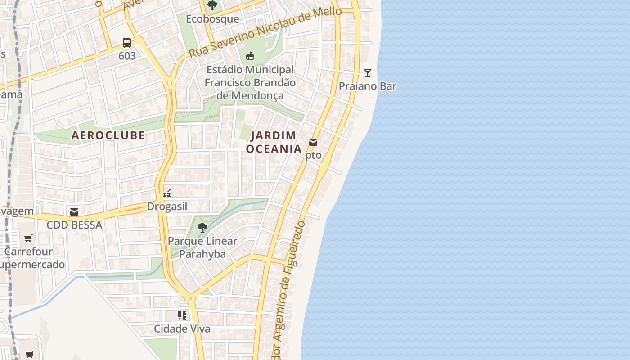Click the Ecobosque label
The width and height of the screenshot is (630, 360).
click(212, 19)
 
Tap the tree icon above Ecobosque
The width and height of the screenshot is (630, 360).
click(212, 5)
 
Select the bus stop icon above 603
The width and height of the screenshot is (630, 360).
click(127, 43)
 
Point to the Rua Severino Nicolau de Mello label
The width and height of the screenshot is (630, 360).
click(265, 31)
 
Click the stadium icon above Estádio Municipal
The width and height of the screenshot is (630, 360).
click(250, 56)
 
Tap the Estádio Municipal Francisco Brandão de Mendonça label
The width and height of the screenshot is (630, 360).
click(250, 83)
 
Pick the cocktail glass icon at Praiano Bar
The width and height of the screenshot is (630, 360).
click(368, 72)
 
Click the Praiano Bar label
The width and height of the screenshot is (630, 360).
click(367, 86)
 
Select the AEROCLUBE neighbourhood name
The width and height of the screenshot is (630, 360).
click(108, 135)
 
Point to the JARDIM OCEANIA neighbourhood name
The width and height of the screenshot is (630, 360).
click(274, 142)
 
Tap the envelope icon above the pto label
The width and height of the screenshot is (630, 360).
click(313, 142)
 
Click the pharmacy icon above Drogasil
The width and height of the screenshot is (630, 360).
click(167, 193)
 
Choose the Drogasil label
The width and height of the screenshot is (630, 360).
click(167, 207)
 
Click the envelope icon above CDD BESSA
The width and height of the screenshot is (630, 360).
click(74, 211)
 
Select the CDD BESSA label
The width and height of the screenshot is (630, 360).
click(75, 225)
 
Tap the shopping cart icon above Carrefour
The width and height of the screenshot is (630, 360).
click(28, 238)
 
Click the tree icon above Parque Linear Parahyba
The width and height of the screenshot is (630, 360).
click(202, 227)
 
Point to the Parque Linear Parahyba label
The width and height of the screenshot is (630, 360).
click(202, 247)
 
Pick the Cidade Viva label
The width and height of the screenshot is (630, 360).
click(182, 328)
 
